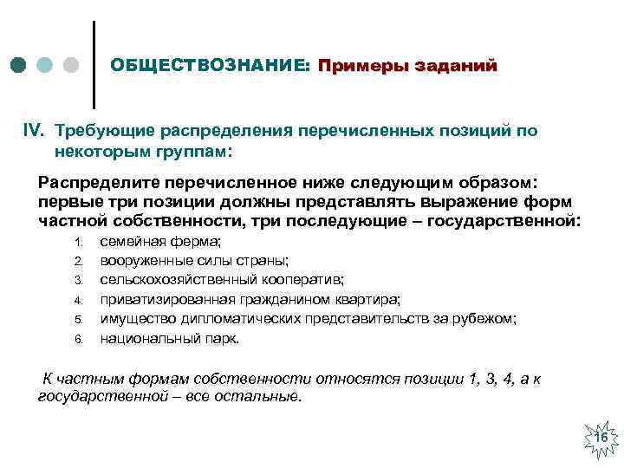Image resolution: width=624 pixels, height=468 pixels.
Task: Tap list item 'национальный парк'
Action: pos(169,338)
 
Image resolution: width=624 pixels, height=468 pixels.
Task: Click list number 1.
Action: pos(77,241)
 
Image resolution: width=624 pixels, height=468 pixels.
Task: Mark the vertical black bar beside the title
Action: pos(93,63)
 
